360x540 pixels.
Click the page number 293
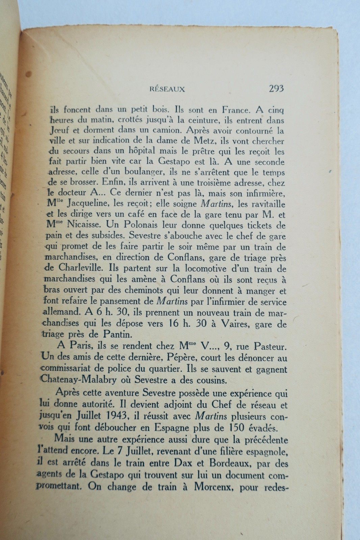[276, 89]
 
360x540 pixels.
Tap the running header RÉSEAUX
[168, 89]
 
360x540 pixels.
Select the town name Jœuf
[58, 130]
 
